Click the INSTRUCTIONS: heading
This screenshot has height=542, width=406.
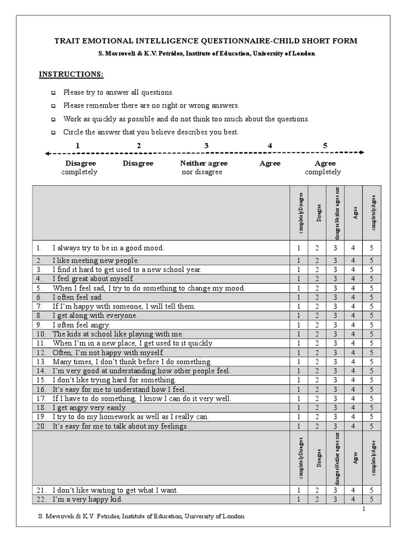coord(71,74)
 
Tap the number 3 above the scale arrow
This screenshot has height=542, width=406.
coord(207,146)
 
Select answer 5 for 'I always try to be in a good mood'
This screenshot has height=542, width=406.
coord(372,248)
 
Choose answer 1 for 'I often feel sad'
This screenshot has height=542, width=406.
coord(299,297)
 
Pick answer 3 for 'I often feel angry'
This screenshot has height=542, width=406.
coord(335,324)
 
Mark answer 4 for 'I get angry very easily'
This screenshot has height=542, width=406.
coord(354,408)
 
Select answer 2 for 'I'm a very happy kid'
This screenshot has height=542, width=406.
coord(317,499)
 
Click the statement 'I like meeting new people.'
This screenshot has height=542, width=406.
coord(96,260)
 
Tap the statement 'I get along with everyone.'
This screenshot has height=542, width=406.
coord(95,315)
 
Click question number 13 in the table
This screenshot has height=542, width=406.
coord(41,362)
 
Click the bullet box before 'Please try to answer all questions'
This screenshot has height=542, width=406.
coord(53,93)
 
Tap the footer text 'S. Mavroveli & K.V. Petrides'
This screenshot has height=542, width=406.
coord(79,516)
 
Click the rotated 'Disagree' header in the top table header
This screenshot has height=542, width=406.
coord(317,214)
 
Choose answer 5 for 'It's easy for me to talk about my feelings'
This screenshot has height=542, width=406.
coord(372,426)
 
